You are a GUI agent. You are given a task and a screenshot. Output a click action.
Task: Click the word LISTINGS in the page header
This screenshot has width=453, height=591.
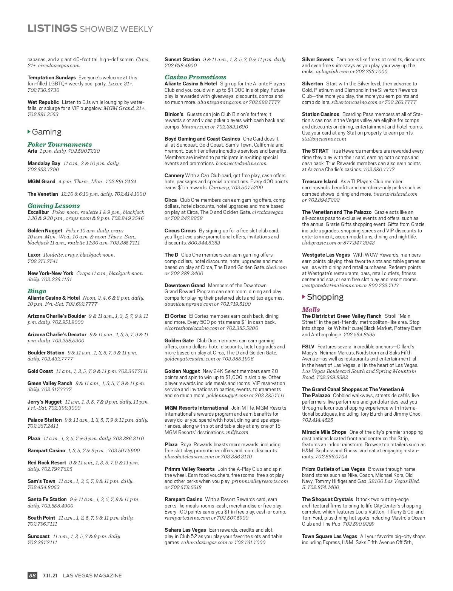[52, 28]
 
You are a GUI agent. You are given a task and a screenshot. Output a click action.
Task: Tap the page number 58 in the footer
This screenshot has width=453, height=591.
[32, 576]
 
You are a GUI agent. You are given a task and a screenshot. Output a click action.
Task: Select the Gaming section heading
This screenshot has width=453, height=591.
[46, 132]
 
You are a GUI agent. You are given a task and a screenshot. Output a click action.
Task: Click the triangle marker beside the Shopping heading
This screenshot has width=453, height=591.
[304, 297]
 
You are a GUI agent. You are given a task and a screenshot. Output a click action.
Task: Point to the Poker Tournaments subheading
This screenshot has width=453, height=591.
[60, 144]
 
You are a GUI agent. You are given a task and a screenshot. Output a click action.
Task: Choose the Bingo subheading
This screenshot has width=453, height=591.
[37, 291]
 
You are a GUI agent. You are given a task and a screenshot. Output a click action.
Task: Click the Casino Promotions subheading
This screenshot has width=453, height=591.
[195, 77]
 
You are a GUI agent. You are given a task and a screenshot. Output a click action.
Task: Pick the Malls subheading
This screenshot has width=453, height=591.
[311, 309]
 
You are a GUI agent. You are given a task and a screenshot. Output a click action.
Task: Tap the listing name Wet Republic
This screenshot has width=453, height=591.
[43, 102]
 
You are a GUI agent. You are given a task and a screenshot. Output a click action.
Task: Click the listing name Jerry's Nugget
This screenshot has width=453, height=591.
[45, 402]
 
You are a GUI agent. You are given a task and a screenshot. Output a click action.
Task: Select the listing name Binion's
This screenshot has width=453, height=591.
[174, 114]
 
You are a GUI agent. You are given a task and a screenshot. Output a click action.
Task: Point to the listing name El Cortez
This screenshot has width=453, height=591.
[175, 316]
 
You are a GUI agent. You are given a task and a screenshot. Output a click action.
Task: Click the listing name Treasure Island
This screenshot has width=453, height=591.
[319, 181]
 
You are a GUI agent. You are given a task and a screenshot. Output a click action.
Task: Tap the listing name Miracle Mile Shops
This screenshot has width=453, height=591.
[324, 432]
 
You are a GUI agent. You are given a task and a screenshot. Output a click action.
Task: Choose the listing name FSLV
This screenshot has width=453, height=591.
[308, 347]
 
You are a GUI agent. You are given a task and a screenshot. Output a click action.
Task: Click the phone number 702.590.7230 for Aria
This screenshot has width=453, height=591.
[84, 151]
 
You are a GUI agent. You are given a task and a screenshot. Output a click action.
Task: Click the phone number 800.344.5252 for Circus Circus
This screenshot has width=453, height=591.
[204, 243]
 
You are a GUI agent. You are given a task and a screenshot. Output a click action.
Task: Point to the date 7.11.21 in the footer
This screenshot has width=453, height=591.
[50, 576]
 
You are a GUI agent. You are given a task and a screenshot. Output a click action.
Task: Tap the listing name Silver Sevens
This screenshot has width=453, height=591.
[317, 59]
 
